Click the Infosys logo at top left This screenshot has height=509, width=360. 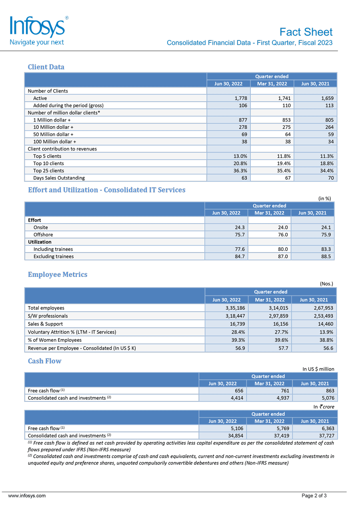[38, 30]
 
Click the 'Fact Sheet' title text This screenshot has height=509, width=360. [306, 32]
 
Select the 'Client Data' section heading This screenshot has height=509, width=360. [46, 67]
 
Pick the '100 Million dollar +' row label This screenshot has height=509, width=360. [54, 142]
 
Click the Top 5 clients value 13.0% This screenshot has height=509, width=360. [240, 156]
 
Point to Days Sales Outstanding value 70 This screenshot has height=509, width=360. [330, 178]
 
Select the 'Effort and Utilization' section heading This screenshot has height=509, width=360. [106, 190]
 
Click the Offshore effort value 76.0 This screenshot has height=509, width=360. [281, 234]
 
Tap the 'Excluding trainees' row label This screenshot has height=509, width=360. [53, 256]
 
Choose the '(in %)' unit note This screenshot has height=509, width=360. [324, 198]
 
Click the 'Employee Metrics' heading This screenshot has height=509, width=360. [58, 275]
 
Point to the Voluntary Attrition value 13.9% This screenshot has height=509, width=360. [326, 332]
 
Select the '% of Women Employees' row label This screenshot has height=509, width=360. [54, 340]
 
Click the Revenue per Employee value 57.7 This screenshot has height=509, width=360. [283, 348]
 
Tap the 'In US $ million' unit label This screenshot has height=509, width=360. [318, 369]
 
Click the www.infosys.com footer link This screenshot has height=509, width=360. [27, 496]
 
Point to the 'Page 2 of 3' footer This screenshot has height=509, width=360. [314, 496]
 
